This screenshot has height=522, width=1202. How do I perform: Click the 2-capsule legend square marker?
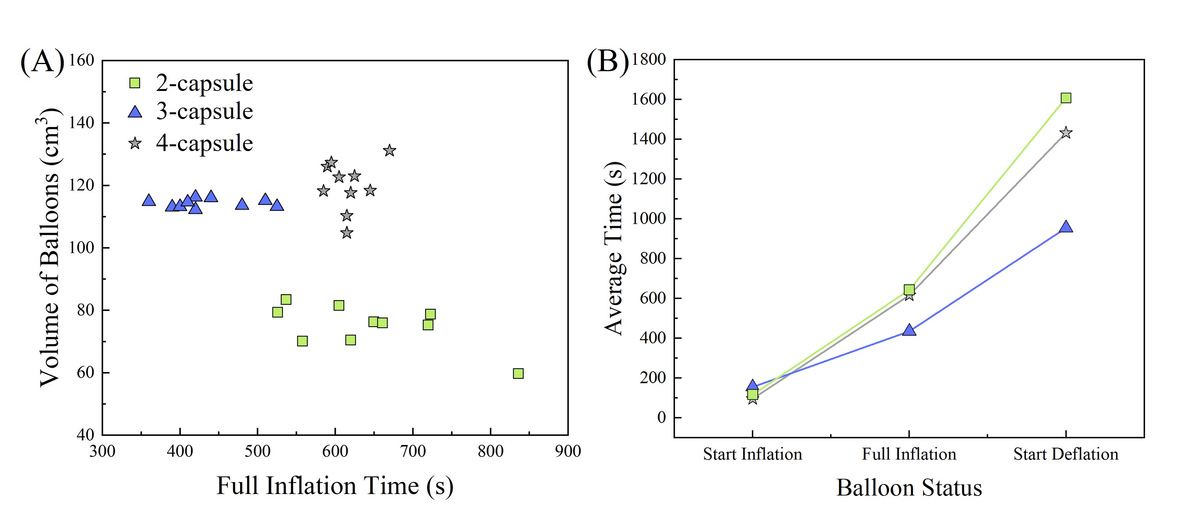coord(134,83)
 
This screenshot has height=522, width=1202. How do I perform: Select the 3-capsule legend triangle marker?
coord(135,112)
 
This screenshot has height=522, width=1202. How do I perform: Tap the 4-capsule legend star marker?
coord(135,143)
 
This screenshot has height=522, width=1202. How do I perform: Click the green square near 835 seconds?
coord(518,373)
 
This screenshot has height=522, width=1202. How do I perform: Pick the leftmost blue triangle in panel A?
coord(148,200)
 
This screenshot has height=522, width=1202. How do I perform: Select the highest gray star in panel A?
coord(390,151)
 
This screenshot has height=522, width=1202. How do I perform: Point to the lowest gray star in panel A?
coord(346,233)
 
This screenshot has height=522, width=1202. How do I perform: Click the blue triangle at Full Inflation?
coord(909,330)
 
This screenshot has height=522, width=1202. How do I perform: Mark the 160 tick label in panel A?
coord(81,60)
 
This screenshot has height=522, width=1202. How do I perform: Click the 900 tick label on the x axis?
coord(568,451)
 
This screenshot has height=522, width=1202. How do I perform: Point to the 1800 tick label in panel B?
coord(649,59)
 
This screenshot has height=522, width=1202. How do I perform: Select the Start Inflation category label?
coord(752,454)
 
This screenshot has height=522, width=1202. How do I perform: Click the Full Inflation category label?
coord(909,454)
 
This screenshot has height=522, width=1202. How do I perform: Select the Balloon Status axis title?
coord(909,488)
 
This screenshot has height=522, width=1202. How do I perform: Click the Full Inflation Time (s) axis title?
coord(335,486)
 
